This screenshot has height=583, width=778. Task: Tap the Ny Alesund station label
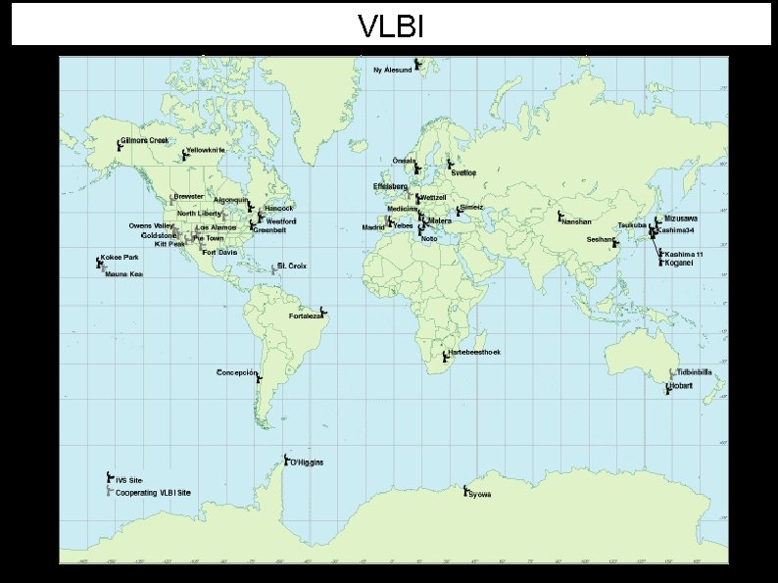tap(393, 70)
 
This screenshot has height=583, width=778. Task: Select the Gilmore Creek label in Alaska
tap(145, 141)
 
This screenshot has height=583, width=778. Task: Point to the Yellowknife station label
tap(206, 150)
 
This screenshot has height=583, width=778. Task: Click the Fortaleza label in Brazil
tap(306, 316)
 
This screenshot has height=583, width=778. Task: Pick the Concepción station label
tap(236, 373)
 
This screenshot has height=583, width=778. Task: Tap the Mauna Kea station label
tap(124, 274)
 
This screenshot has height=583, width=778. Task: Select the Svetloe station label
tap(464, 172)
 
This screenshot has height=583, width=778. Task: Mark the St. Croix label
tap(292, 266)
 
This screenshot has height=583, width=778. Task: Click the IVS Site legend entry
tap(128, 480)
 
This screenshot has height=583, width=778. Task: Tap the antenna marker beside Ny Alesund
tap(417, 64)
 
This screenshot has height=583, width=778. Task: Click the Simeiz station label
tap(471, 208)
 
